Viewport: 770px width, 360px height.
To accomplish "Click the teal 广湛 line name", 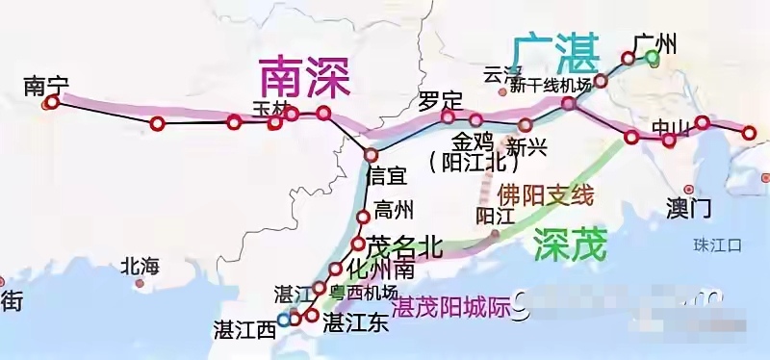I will coord(554,51).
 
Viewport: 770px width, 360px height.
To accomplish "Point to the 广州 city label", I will coord(655,42).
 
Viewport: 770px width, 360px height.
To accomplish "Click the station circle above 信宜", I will coord(371,155).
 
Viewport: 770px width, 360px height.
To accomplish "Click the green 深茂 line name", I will coord(570,245).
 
